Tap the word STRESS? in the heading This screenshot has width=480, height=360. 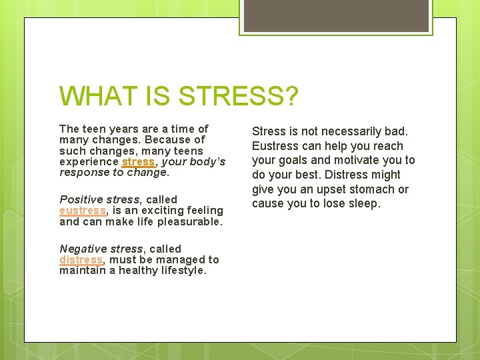point(238,97)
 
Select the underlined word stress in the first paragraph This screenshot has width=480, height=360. point(138,162)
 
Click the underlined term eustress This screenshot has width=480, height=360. point(82,211)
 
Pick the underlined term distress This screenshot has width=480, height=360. point(81,260)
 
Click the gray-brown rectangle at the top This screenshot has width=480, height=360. point(335,15)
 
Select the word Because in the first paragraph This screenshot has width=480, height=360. point(168,140)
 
